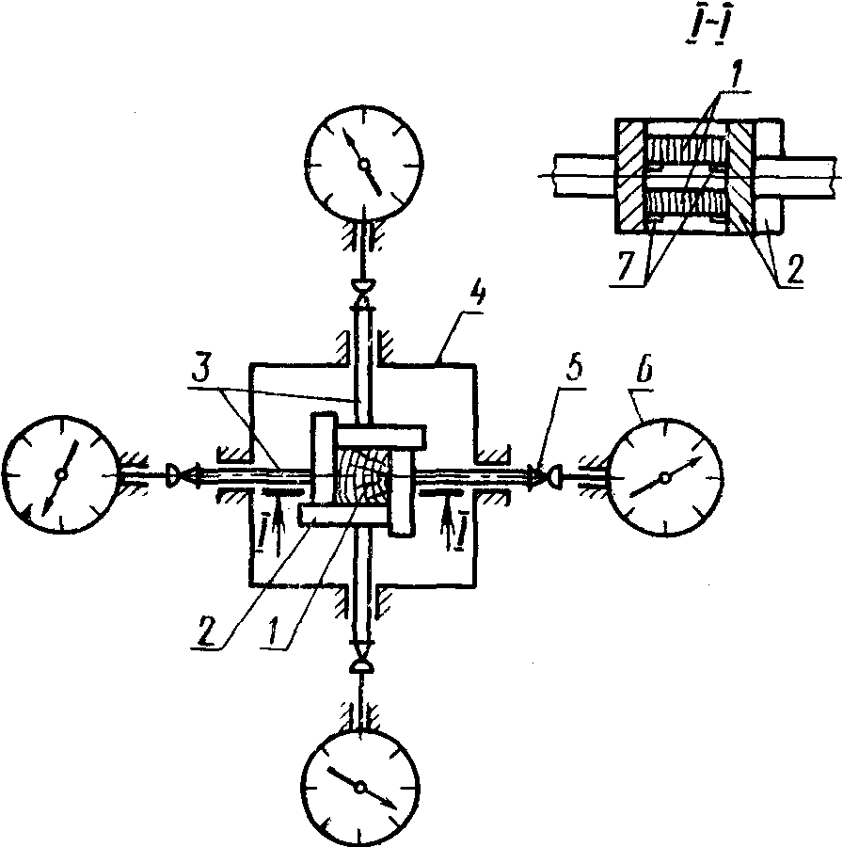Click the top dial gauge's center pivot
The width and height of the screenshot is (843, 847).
coord(364,164)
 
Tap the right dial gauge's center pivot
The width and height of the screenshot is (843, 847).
coord(665,477)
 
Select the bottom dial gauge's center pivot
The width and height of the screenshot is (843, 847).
coord(360,788)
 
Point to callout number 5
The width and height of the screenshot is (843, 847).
coord(574,367)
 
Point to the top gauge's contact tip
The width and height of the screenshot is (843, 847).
coord(364,285)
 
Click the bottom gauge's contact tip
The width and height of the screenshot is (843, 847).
coord(360,667)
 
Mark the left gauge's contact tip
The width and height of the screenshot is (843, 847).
coord(174,475)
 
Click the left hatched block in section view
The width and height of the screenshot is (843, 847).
coord(630,176)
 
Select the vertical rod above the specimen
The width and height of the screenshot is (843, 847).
coord(363,363)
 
